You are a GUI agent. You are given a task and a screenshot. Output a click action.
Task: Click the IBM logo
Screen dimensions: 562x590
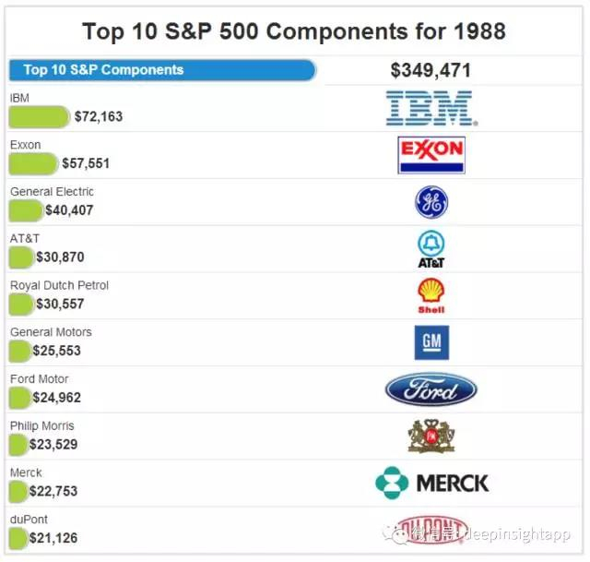430,108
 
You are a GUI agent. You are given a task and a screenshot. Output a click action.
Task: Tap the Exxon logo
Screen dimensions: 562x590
431,155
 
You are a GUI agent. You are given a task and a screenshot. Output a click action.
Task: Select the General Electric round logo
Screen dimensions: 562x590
431,202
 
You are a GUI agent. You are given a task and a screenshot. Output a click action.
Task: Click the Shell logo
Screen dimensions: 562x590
431,295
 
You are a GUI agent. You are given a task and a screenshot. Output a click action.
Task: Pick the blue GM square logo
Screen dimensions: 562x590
431,342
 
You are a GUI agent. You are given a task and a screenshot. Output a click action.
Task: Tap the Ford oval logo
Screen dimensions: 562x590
431,389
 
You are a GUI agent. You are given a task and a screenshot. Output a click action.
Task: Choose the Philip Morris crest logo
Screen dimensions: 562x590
431,436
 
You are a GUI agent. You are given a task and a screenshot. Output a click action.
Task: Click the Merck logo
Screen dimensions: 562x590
431,483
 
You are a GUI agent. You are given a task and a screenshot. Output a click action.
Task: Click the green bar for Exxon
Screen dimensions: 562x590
33,163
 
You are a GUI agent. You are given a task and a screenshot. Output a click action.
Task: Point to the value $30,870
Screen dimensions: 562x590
60,257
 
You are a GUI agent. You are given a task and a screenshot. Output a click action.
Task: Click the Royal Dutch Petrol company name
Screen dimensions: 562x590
59,285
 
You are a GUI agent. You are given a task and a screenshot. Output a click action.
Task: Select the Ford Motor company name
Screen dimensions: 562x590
40,379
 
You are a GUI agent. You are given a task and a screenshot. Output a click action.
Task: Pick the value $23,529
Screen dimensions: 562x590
53,445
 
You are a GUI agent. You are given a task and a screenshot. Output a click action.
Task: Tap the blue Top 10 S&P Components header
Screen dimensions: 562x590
161,70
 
